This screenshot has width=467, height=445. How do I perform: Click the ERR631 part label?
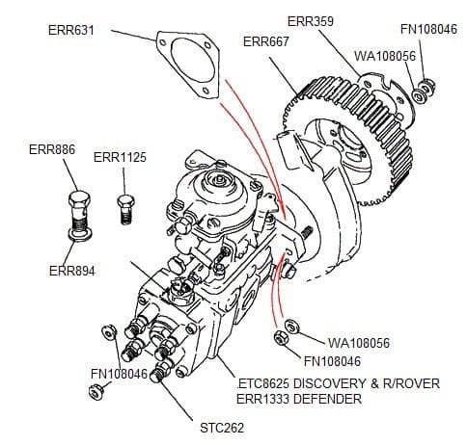click(x=73, y=29)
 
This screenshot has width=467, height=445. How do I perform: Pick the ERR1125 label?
click(x=121, y=157)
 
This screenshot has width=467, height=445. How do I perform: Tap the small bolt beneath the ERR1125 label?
click(x=123, y=206)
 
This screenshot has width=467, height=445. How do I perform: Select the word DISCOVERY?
click(x=340, y=383)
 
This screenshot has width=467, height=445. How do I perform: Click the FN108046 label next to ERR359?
click(x=430, y=29)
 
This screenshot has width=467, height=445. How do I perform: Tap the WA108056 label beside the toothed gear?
click(x=385, y=57)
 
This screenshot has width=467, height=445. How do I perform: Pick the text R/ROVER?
click(x=415, y=383)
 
